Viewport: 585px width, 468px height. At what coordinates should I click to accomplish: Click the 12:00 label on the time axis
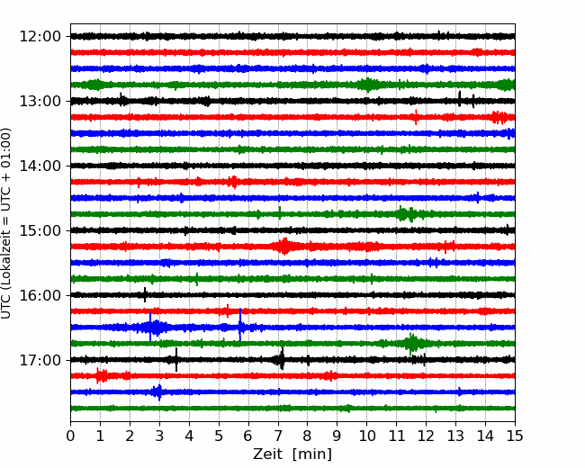point(40,37)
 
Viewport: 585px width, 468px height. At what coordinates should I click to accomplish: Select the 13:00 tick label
point(40,101)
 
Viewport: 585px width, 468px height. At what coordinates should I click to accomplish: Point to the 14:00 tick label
point(40,166)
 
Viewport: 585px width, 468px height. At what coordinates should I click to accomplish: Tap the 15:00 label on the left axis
point(40,230)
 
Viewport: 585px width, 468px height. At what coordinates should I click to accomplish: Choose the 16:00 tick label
point(40,295)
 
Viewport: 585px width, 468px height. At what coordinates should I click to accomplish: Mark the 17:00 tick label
point(40,360)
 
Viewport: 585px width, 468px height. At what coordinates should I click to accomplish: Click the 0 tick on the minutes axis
point(70,436)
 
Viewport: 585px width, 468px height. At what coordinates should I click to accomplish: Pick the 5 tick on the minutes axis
point(219,436)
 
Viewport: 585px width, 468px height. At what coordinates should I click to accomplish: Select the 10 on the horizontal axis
point(366,436)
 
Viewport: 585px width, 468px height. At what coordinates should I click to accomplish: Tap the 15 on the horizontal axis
point(515,436)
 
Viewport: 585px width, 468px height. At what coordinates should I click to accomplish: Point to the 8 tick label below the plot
point(308,436)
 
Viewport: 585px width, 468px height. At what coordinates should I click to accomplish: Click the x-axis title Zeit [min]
point(292,454)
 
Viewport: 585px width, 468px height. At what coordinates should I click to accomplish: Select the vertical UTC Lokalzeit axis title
point(5,223)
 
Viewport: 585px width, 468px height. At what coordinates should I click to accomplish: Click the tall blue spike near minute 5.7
point(240,324)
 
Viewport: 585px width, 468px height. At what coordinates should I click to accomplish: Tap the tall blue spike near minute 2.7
point(150,327)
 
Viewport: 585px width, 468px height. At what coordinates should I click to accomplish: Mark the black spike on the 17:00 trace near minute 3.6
point(176,359)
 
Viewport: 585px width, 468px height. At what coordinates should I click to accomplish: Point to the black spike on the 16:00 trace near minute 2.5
point(145,295)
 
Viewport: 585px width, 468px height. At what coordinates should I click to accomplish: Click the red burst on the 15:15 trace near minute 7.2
point(284,247)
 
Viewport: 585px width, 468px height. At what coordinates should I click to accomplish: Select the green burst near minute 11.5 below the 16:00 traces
point(411,343)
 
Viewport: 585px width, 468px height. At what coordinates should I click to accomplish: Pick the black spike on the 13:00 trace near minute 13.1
point(459,98)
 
